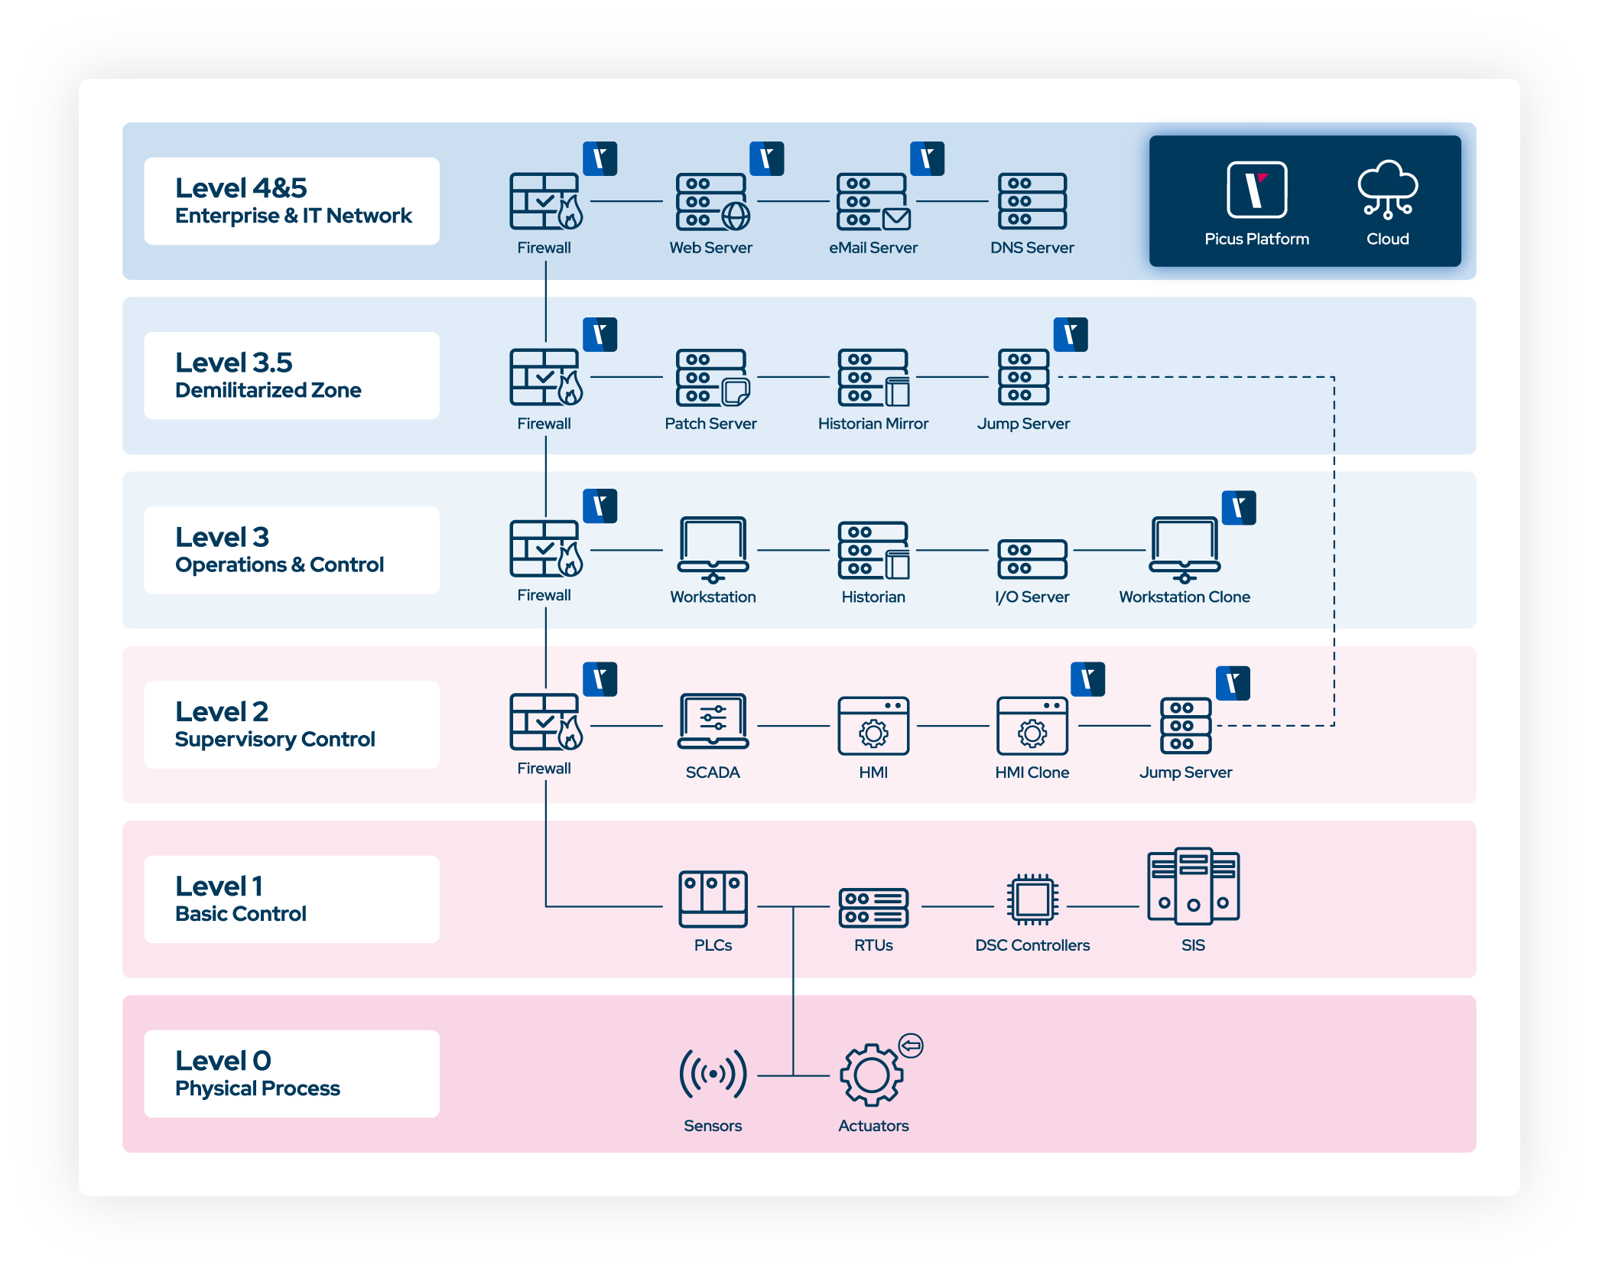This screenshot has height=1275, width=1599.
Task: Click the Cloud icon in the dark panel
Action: (x=1387, y=189)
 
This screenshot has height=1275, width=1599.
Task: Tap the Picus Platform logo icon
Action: (x=1256, y=190)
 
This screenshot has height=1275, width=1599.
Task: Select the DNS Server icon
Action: (x=1032, y=201)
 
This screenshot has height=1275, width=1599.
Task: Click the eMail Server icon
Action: (x=873, y=202)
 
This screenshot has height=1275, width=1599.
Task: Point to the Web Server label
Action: (x=710, y=248)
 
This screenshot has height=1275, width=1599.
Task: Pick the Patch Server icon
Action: (x=712, y=378)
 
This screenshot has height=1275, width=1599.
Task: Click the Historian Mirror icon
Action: (x=873, y=378)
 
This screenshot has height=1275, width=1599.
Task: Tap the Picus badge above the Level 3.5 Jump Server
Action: (x=1070, y=334)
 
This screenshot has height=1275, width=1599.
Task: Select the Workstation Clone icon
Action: (x=1185, y=549)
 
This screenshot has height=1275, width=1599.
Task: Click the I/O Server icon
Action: (x=1032, y=558)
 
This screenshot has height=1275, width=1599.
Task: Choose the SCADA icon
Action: (x=713, y=721)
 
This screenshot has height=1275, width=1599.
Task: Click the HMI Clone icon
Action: (x=1032, y=725)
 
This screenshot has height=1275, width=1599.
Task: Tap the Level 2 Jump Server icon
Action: (x=1185, y=725)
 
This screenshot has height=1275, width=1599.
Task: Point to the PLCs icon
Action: (x=713, y=899)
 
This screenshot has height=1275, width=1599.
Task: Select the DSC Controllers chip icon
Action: (x=1032, y=899)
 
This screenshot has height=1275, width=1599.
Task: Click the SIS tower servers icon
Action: (x=1193, y=887)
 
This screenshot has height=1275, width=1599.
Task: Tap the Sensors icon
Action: (x=713, y=1074)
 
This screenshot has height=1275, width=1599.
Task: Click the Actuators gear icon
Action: (x=871, y=1075)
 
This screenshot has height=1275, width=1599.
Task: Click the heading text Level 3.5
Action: (x=234, y=363)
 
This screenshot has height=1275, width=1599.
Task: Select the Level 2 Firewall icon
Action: (x=545, y=722)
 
